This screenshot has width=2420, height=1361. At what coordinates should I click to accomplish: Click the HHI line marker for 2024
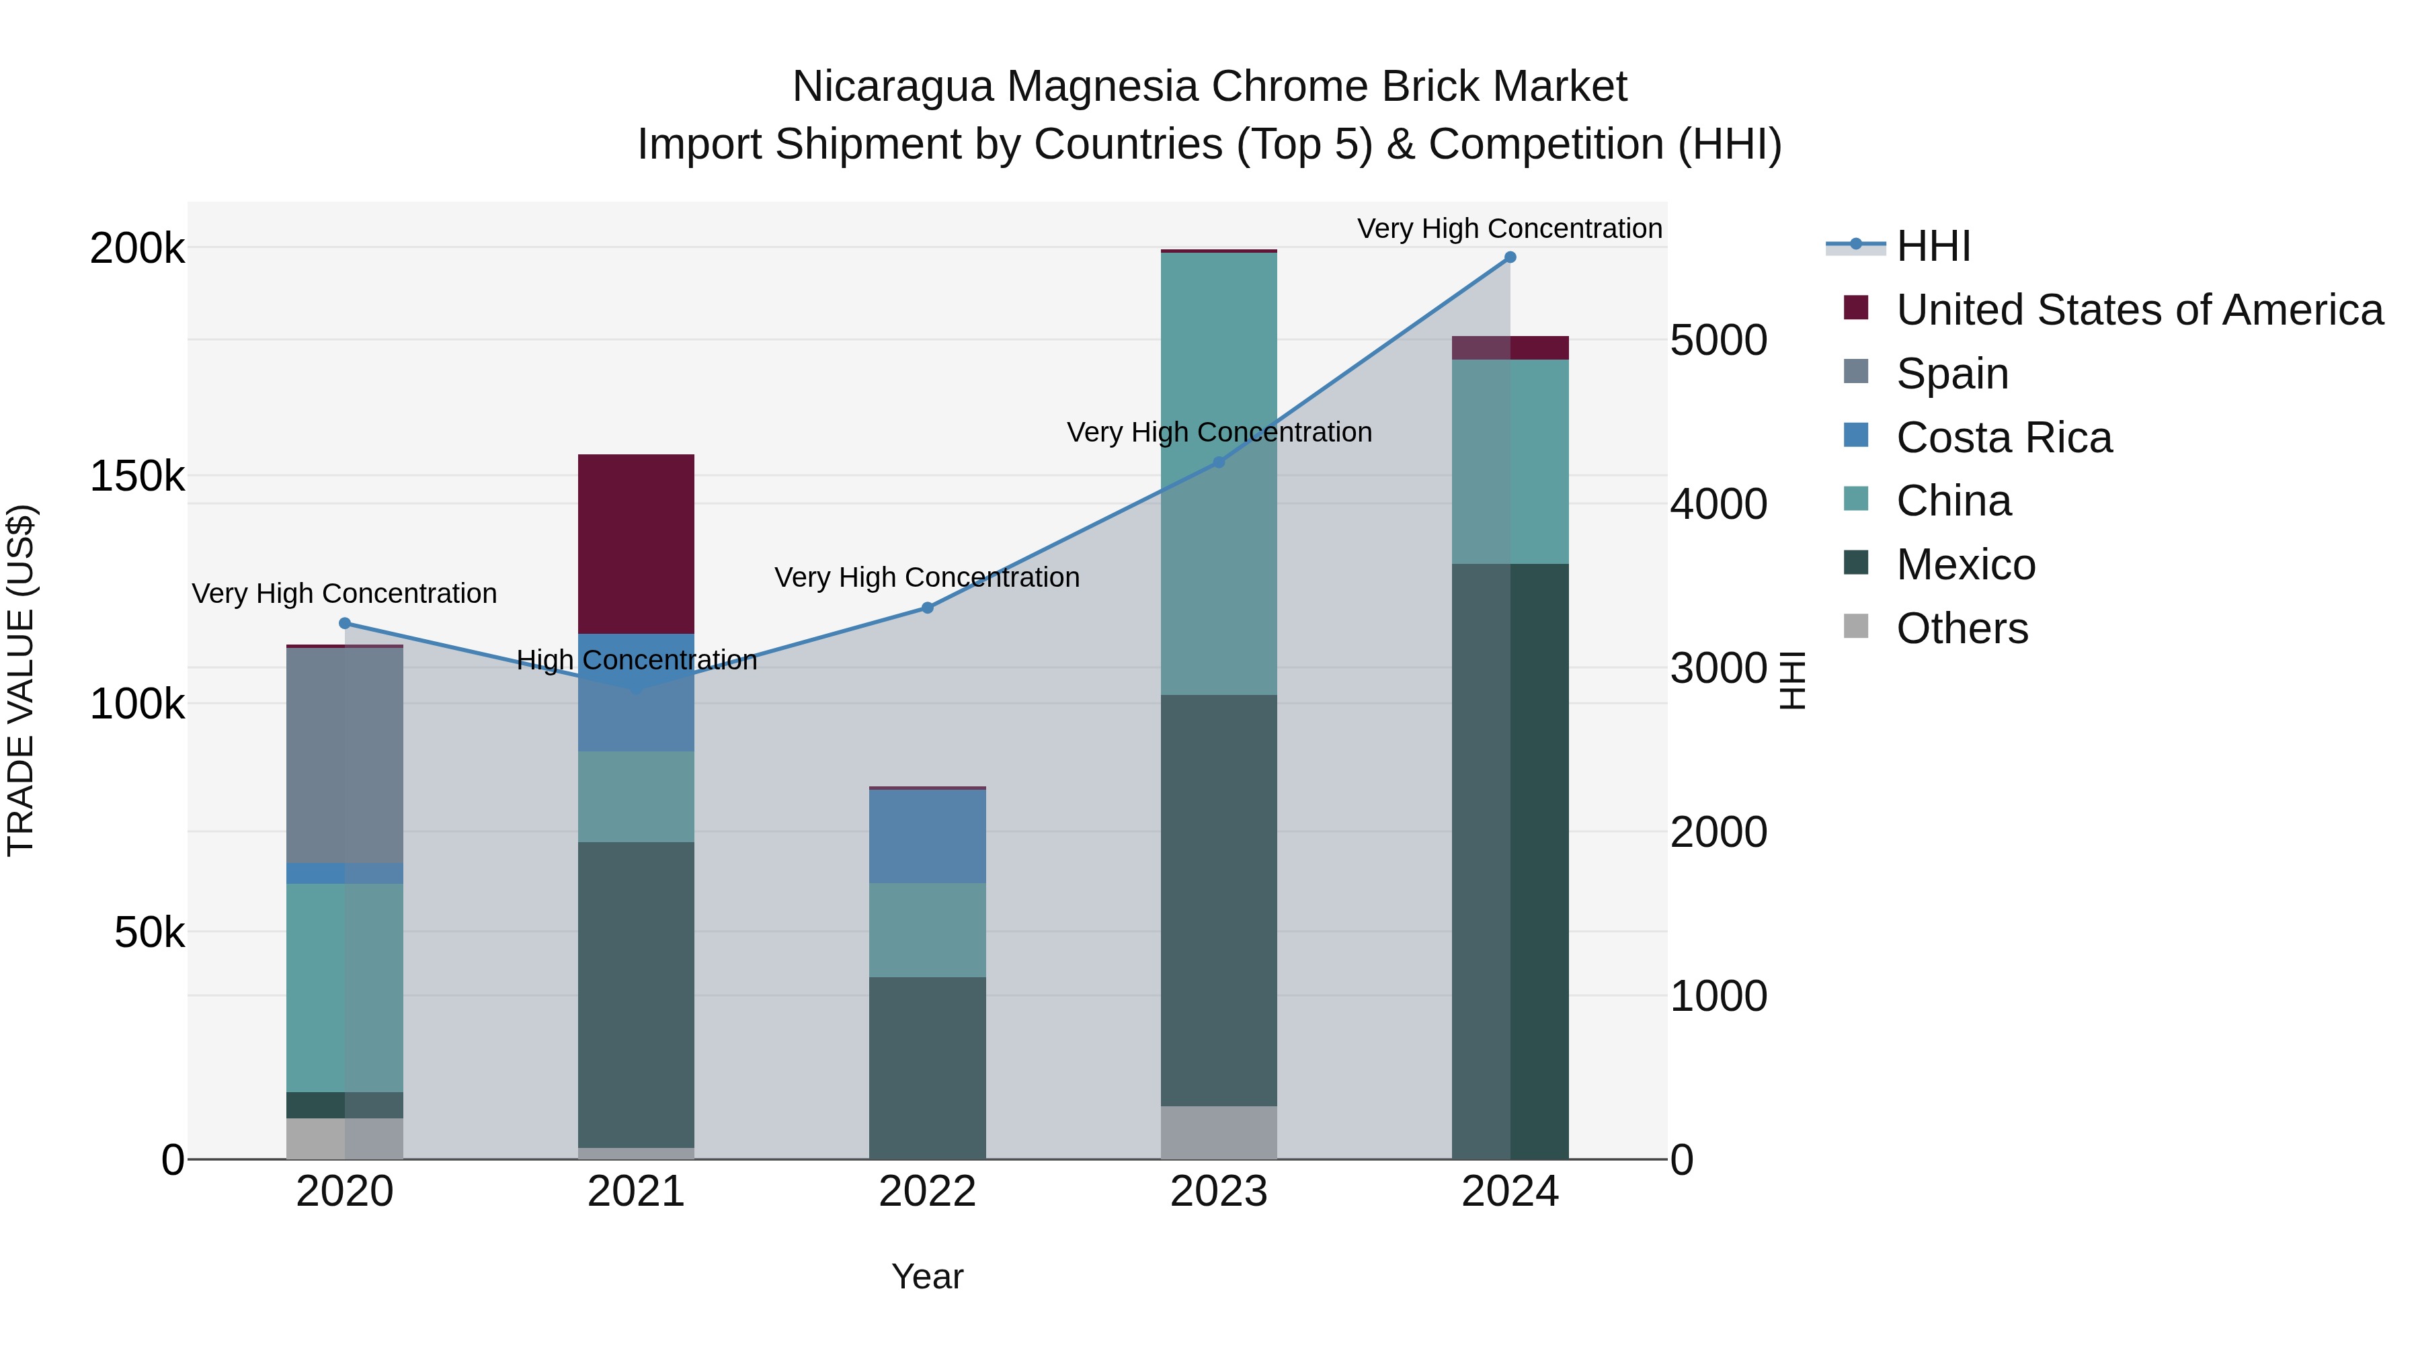(1510, 257)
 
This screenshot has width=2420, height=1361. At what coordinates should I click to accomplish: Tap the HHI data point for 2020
(345, 624)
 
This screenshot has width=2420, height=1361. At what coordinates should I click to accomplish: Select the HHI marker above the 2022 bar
(927, 608)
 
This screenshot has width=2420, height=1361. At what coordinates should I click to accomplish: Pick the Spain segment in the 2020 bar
(345, 755)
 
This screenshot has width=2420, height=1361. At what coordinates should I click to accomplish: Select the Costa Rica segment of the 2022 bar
(927, 836)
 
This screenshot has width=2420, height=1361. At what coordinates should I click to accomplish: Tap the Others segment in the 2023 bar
(1219, 1132)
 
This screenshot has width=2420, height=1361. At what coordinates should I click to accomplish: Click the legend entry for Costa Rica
(2003, 438)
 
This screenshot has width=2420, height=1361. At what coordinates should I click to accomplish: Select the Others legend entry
(1962, 628)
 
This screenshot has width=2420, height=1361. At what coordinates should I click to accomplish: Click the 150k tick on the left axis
(137, 477)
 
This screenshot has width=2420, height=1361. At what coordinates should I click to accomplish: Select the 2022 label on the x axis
(927, 1192)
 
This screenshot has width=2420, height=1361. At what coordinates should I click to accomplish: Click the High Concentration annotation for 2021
(636, 660)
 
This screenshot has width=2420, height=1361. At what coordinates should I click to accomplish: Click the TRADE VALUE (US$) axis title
(21, 680)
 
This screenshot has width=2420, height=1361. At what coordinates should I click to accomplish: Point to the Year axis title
(927, 1276)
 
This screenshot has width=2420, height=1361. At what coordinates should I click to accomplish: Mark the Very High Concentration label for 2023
(1219, 432)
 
